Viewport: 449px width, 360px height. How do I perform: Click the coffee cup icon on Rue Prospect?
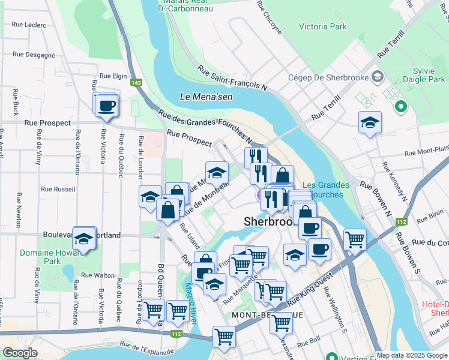[x=107, y=106]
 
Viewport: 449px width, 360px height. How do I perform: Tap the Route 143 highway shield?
[x=137, y=82]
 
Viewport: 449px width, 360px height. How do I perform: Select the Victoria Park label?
[x=322, y=27]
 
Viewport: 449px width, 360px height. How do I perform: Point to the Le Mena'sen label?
[x=202, y=96]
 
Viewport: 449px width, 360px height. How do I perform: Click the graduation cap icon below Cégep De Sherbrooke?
[x=370, y=123]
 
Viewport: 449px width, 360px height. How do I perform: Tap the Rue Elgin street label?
[x=113, y=76]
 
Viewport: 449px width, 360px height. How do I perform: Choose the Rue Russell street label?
[x=58, y=189]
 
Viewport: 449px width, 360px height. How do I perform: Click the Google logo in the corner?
[x=20, y=353]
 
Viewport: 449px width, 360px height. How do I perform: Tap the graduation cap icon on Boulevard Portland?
[x=83, y=239]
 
